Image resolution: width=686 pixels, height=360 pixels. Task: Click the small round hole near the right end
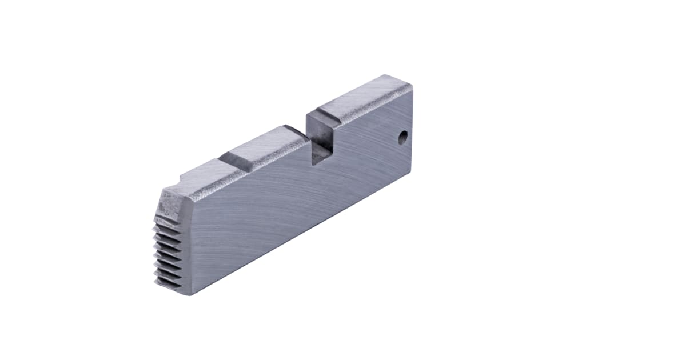tap(403, 138)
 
